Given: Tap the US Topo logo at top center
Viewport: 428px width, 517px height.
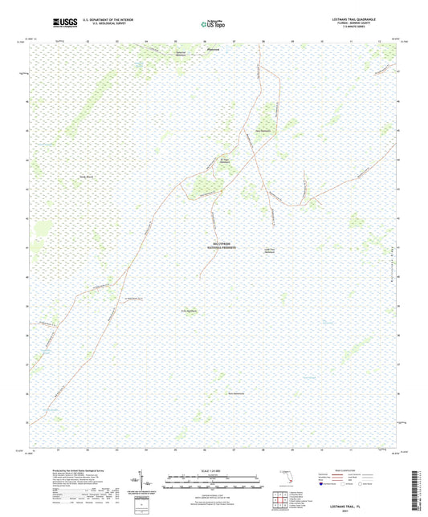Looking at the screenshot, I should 212,24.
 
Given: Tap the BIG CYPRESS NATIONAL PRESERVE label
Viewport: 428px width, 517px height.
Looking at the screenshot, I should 214,248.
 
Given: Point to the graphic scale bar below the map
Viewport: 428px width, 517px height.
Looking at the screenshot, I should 212,482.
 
